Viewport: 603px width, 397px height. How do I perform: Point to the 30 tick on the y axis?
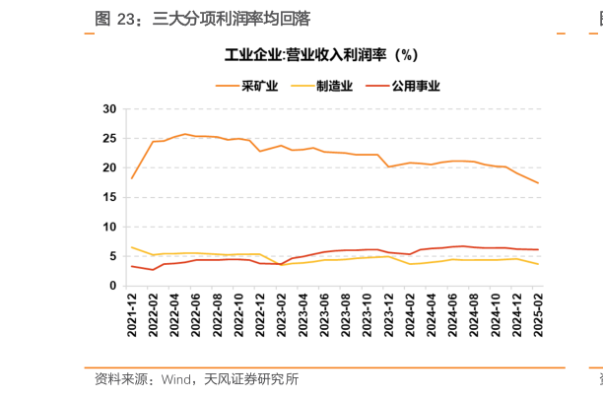coord(109,108)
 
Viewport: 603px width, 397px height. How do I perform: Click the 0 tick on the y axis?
coord(113,286)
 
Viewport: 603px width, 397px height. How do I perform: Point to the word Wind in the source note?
coord(176,379)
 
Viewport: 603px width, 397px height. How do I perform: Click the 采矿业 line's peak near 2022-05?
coord(185,134)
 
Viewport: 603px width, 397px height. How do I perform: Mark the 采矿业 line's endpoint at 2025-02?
coord(537,183)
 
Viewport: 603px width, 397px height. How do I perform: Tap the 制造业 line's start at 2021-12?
coord(132,247)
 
